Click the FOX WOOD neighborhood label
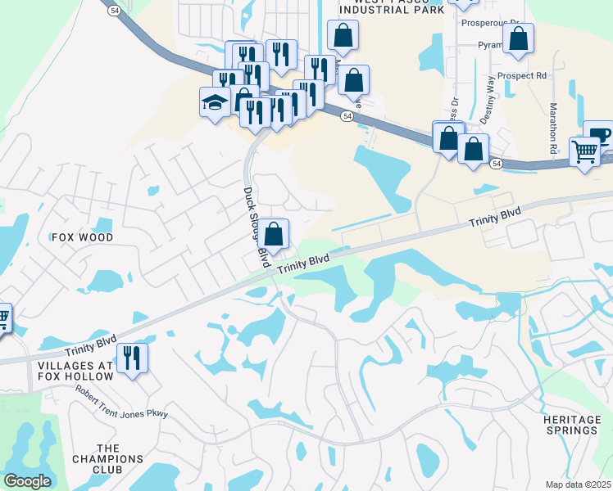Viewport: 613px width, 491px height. (82, 237)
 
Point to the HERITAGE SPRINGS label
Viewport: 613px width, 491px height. (571, 425)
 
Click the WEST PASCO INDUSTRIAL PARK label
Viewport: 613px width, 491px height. (390, 7)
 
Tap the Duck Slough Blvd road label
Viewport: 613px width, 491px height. (257, 227)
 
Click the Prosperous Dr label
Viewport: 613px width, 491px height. (490, 24)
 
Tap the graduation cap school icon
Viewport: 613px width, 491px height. (215, 102)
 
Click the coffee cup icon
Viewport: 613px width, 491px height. (600, 133)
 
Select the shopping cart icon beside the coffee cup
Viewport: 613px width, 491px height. (583, 151)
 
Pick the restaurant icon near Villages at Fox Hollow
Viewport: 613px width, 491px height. (131, 358)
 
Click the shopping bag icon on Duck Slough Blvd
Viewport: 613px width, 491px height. (275, 232)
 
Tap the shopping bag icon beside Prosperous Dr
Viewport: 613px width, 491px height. (518, 38)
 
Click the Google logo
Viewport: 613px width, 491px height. (28, 481)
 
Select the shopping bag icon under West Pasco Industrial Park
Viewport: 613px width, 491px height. (343, 35)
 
